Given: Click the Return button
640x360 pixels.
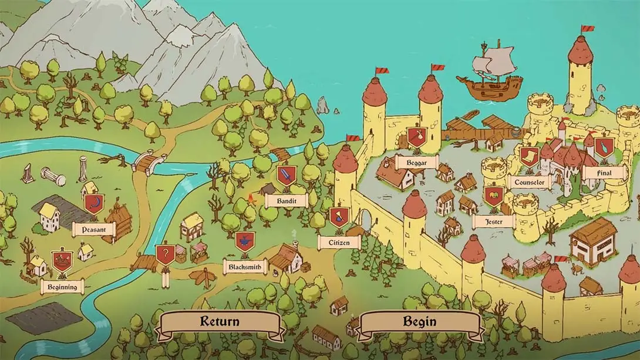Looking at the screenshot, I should click(x=220, y=322).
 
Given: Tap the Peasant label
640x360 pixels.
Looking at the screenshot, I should click(x=93, y=229).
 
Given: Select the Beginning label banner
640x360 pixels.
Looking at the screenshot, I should click(x=62, y=287).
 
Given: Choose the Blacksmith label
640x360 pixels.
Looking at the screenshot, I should click(x=245, y=267).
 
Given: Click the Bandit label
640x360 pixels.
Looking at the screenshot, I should click(x=286, y=200).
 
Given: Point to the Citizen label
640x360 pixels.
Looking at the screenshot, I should click(x=339, y=241).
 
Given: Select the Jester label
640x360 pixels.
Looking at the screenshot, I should click(x=493, y=221).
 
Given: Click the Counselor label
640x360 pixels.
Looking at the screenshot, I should click(x=529, y=182).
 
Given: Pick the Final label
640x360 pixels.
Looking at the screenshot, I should click(x=603, y=173).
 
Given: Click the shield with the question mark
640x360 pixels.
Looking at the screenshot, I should click(x=165, y=255).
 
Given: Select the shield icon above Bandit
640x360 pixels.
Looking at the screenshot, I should click(x=286, y=175).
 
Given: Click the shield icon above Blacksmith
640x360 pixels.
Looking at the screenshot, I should click(x=245, y=241).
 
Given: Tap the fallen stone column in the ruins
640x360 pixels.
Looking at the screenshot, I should click(x=53, y=176).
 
